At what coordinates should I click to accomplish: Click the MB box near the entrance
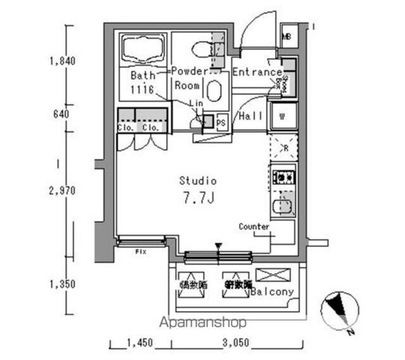pyautogui.click(x=287, y=36)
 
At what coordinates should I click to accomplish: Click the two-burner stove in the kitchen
pyautogui.click(x=282, y=177)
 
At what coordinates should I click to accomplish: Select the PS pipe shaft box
pyautogui.click(x=221, y=122)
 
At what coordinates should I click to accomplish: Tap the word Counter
pyautogui.click(x=254, y=227)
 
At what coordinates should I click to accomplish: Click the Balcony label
pyautogui.click(x=271, y=292)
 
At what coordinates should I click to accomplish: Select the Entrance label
pyautogui.click(x=257, y=73)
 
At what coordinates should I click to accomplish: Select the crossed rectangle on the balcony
pyautogui.click(x=271, y=275)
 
